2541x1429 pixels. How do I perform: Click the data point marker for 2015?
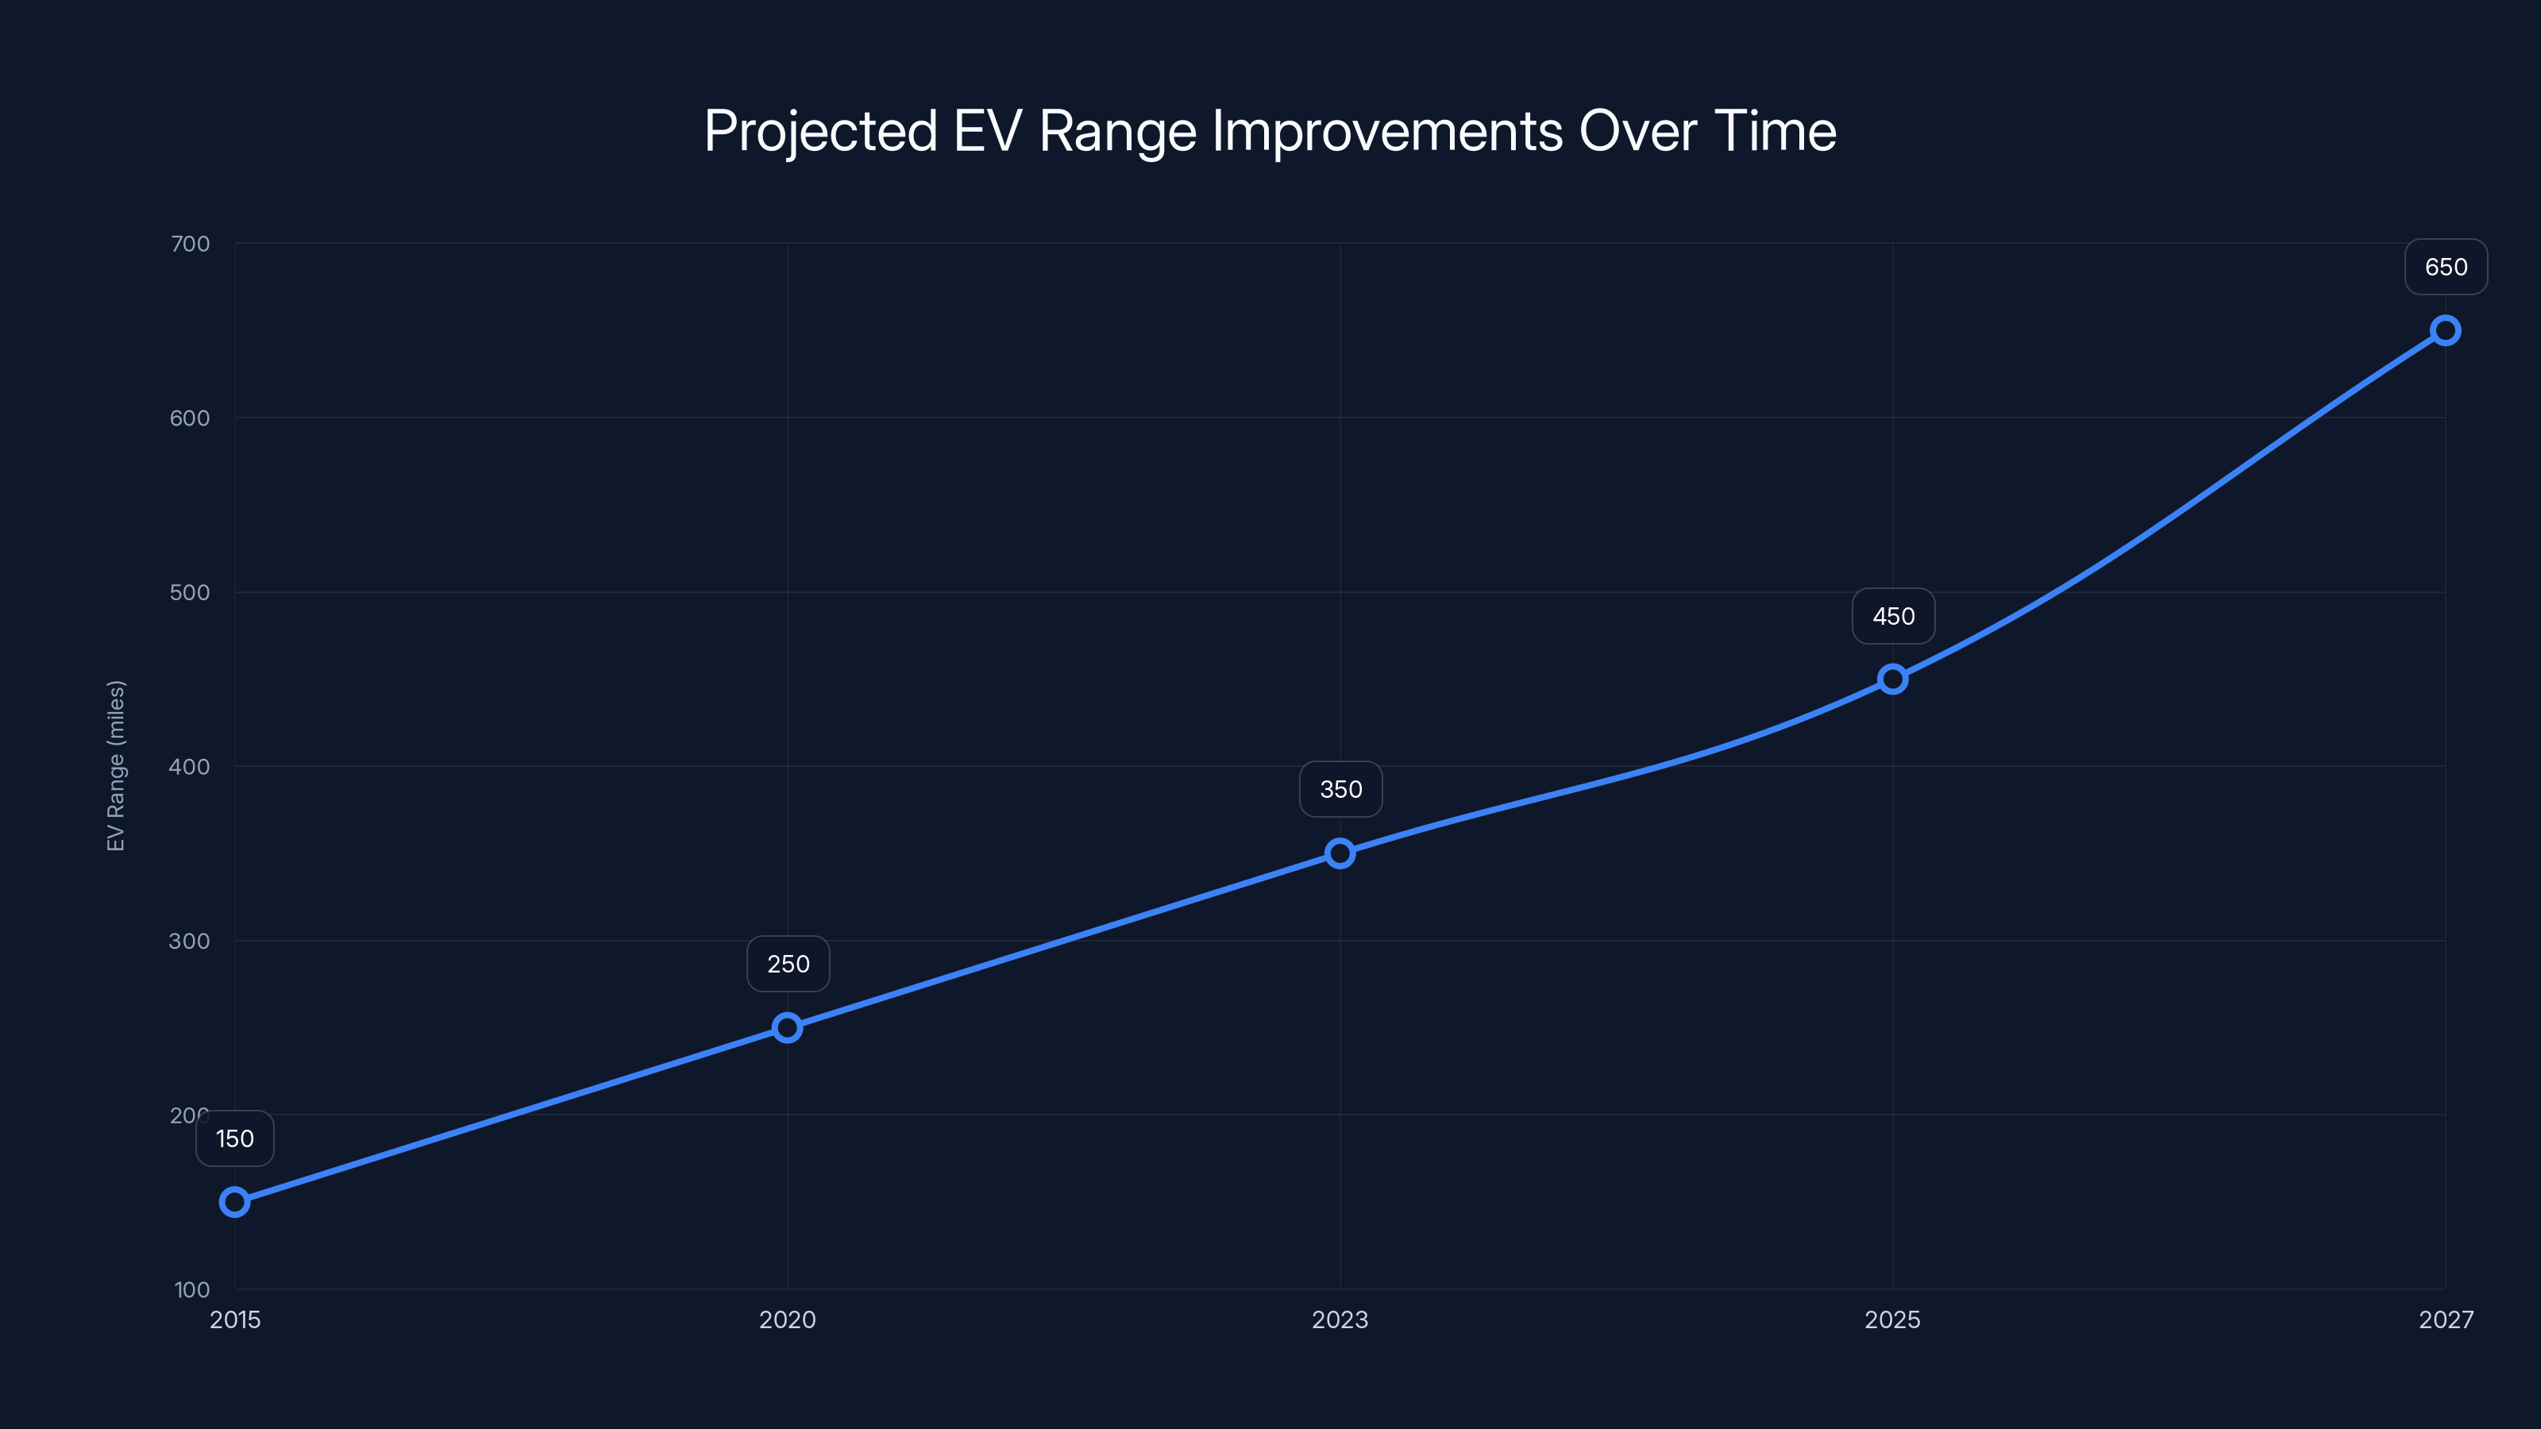(x=235, y=1201)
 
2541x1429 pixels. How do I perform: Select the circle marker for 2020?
(x=787, y=1027)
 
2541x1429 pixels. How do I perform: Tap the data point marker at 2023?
(x=1340, y=853)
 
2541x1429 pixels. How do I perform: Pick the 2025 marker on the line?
(x=1892, y=679)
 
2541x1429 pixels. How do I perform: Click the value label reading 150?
(x=235, y=1138)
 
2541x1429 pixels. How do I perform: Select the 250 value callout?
(x=789, y=964)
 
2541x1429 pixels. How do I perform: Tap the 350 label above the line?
(x=1340, y=789)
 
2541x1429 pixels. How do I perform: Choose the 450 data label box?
(x=1893, y=616)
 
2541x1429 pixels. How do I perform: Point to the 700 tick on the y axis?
(x=191, y=244)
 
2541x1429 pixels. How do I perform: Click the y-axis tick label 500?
(x=191, y=593)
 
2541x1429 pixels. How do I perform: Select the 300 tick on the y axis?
(x=191, y=941)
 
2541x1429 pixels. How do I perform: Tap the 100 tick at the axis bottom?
(x=192, y=1289)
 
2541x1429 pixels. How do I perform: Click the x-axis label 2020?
(x=787, y=1319)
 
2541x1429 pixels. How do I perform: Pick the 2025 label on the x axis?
(x=1892, y=1319)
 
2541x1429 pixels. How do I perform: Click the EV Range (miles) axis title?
(x=117, y=765)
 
